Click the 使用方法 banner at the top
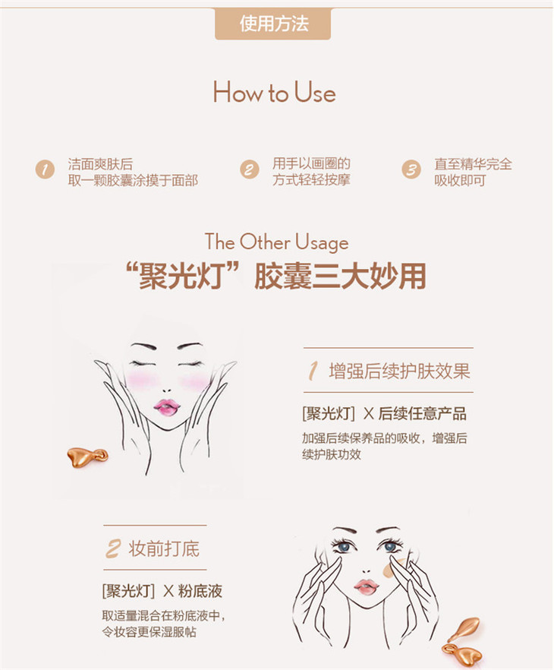tap(273, 24)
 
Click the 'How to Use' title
tap(275, 93)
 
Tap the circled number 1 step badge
tap(45, 169)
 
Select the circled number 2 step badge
tap(249, 169)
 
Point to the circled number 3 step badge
tap(411, 169)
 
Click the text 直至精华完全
tap(473, 163)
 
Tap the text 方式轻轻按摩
tap(312, 180)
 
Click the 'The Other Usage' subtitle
tap(276, 242)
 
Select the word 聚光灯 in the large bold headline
tap(181, 276)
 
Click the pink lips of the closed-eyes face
tap(167, 408)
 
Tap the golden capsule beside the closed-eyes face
tap(87, 457)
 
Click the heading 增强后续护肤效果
tap(399, 371)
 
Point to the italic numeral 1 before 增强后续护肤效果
tap(313, 371)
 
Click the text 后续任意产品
tap(422, 413)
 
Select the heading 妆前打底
tap(164, 548)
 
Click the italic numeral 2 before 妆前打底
tap(112, 548)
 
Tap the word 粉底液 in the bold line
tap(200, 591)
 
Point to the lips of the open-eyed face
tap(367, 586)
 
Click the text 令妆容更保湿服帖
tap(149, 631)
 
